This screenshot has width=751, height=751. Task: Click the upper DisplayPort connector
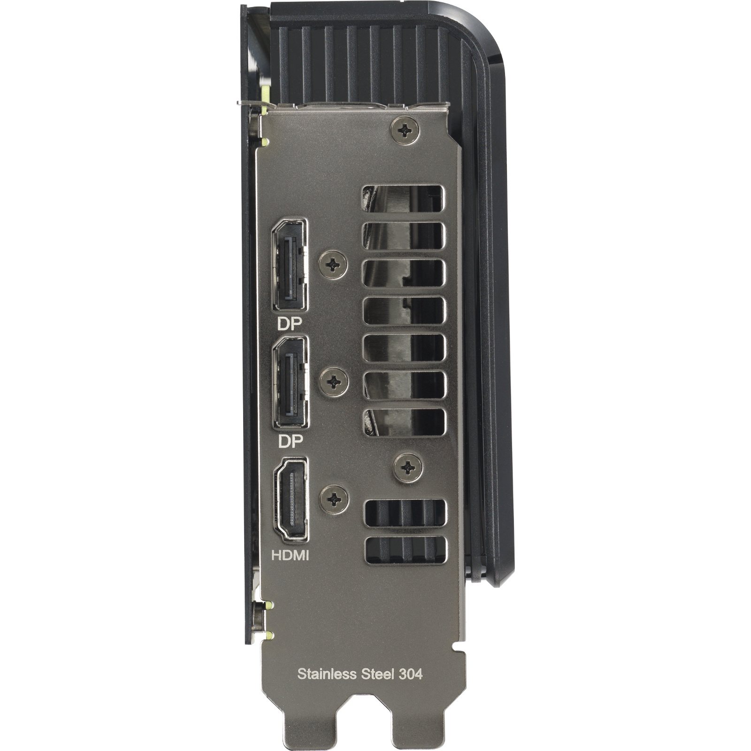[x=290, y=265]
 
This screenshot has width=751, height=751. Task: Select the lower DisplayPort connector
[x=291, y=382]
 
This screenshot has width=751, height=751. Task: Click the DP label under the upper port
[x=290, y=323]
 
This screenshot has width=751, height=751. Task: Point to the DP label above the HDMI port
[x=291, y=441]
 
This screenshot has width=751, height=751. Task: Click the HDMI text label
[x=291, y=556]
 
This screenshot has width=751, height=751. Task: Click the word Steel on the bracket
[x=378, y=674]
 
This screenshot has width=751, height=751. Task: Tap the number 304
[x=411, y=674]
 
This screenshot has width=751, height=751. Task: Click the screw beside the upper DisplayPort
[x=333, y=264]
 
